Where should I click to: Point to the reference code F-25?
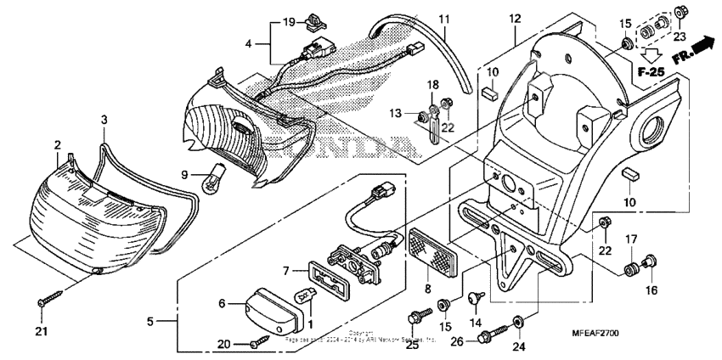651,72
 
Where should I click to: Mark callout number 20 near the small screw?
223,343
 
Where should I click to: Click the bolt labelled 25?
416,319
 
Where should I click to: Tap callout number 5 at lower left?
150,322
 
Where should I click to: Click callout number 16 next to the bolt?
650,290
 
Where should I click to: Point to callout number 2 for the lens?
58,145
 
